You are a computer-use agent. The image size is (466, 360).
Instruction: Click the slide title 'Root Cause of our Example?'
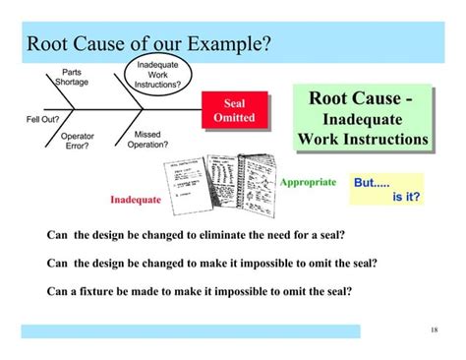[147, 43]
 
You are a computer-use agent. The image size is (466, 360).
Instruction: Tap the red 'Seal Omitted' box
[234, 111]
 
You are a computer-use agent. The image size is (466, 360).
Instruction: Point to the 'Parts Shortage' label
[72, 77]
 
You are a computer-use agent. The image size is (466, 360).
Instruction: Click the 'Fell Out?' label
[39, 120]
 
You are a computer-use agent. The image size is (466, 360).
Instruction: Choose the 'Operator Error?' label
[78, 141]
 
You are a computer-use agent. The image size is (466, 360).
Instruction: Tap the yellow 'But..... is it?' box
[387, 190]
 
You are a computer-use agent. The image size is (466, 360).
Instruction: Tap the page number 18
[434, 330]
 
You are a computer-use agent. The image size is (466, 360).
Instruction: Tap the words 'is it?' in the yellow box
[406, 197]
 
